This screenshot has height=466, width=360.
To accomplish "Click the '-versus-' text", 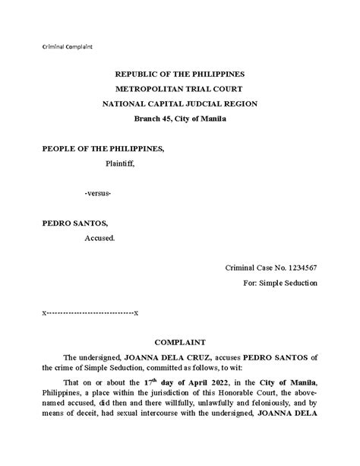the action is tap(98, 194).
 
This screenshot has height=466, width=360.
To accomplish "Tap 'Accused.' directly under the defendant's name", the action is tap(99, 238).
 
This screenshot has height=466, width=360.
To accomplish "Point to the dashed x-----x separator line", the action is tap(90, 312).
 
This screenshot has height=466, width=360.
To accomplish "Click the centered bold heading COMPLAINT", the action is tap(179, 343).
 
